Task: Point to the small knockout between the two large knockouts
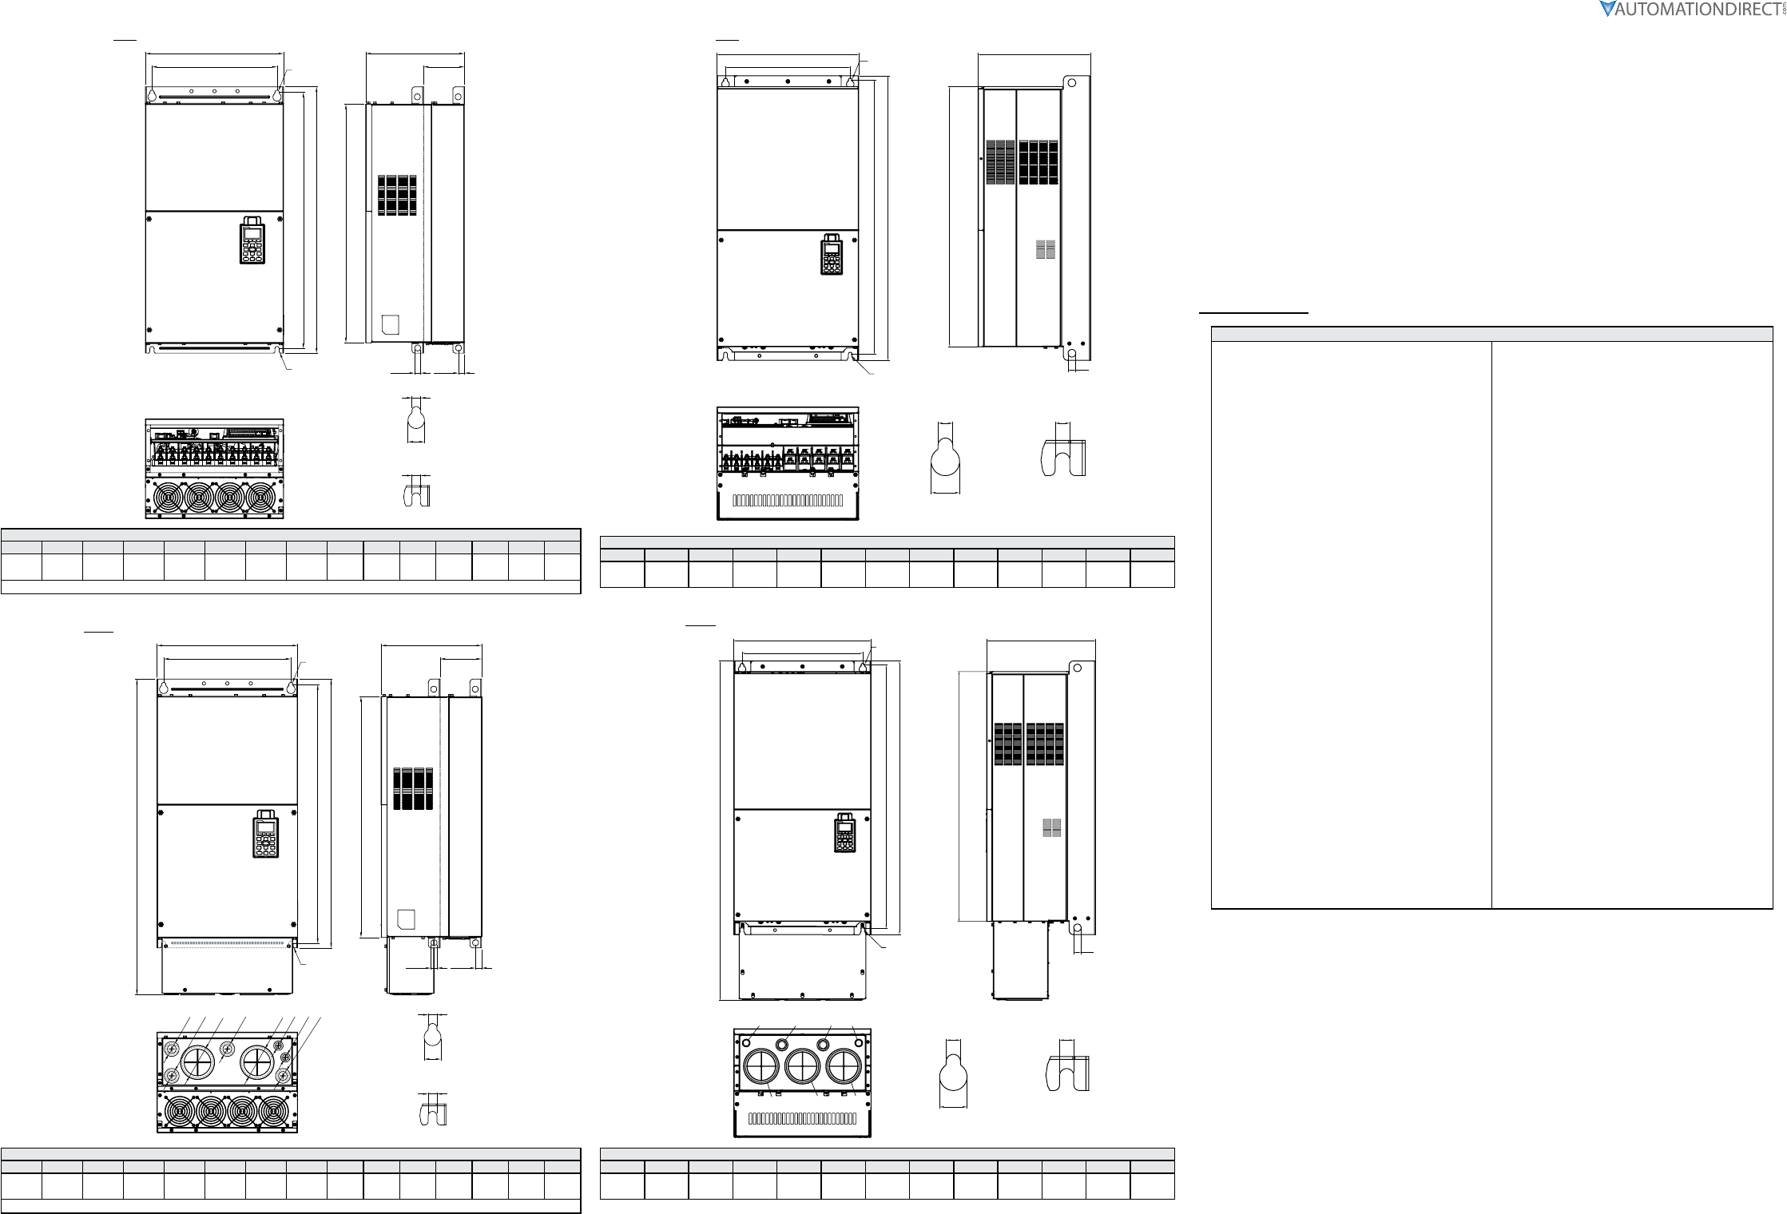[228, 1048]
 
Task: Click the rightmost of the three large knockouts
[846, 1068]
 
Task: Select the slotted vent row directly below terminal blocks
[788, 502]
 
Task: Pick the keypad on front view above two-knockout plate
[267, 834]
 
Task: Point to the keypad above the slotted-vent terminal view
[832, 254]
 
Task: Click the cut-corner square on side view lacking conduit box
[391, 324]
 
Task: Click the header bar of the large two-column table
[1491, 334]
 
